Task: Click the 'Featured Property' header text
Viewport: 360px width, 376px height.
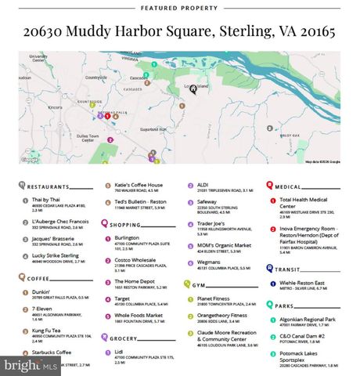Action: coord(179,8)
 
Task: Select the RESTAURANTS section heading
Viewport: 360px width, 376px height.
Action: coord(49,187)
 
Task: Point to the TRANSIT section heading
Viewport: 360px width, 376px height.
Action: coord(293,269)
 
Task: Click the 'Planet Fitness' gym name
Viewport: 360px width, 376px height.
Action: coord(214,298)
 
